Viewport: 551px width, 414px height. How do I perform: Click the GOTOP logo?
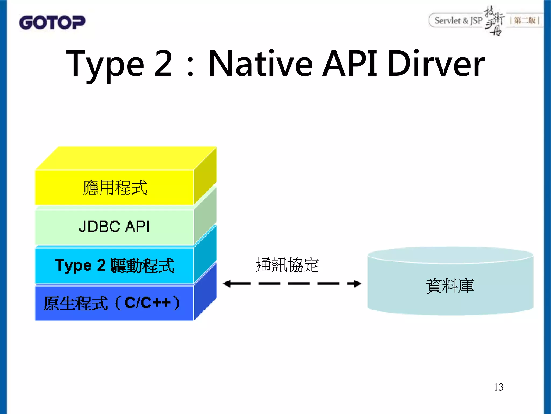(52, 22)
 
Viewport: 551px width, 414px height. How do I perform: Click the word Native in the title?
(260, 64)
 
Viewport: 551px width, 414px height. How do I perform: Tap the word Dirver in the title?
(436, 64)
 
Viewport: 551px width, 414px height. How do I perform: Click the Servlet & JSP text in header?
(458, 21)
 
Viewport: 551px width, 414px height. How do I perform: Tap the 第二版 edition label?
(524, 20)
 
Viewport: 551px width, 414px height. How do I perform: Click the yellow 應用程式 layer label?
(115, 187)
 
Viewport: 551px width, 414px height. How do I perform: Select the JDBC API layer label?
(114, 226)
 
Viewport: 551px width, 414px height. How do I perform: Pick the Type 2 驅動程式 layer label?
(115, 265)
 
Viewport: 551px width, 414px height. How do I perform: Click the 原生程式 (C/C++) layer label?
(111, 303)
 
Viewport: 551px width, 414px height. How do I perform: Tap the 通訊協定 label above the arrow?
(287, 265)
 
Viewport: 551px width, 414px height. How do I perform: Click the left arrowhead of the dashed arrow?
(227, 284)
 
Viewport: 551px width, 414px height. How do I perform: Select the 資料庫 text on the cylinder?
(450, 286)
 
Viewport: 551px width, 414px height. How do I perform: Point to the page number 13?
(499, 387)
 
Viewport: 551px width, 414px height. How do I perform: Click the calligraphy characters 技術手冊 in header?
(494, 21)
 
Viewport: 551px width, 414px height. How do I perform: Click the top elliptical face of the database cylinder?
(450, 255)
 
